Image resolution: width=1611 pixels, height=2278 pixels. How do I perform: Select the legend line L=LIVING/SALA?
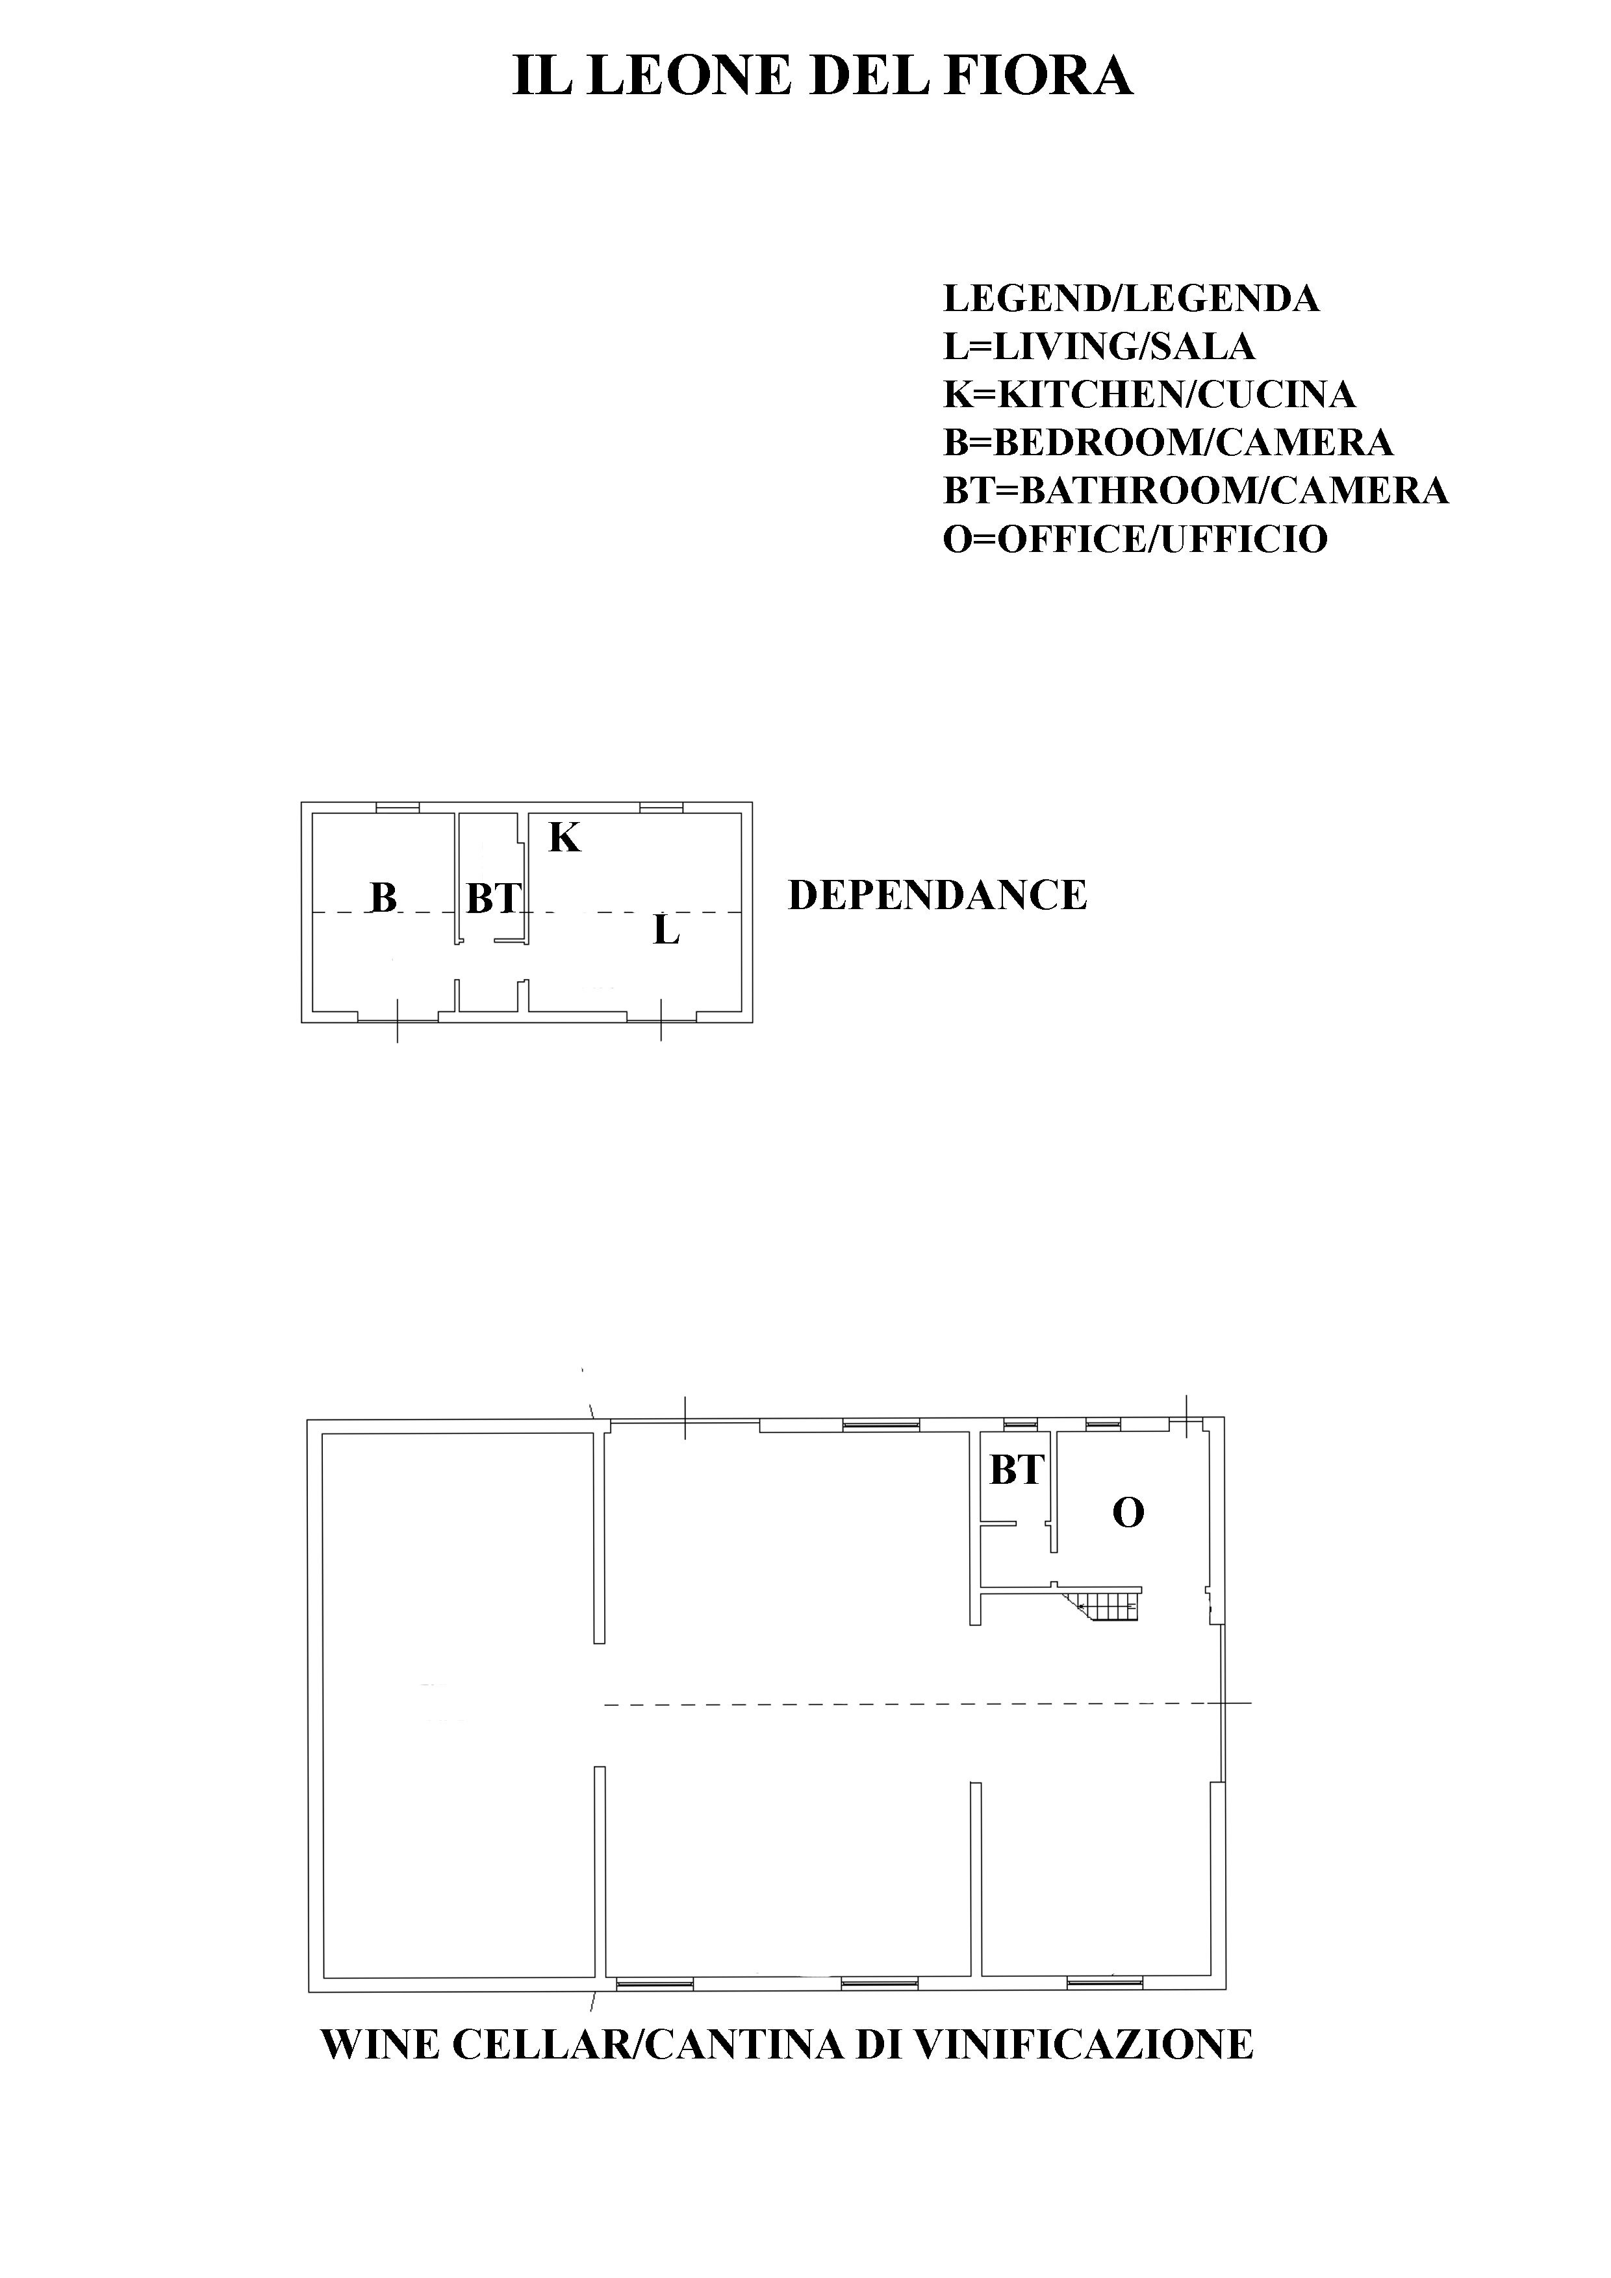[x=1099, y=346]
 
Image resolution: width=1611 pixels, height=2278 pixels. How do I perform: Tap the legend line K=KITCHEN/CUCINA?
[x=1148, y=394]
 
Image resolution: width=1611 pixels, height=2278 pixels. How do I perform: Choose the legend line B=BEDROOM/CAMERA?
[x=1168, y=442]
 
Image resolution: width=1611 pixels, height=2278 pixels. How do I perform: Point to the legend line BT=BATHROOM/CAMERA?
[x=1195, y=490]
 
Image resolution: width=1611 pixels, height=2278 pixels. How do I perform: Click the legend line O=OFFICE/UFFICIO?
[x=1135, y=539]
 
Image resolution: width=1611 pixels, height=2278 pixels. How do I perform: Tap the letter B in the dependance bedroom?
[x=383, y=898]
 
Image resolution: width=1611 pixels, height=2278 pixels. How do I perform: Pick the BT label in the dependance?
[x=493, y=899]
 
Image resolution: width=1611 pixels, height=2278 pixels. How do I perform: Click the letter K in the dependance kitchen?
[x=564, y=838]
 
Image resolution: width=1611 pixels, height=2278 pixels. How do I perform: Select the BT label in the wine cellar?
[x=1017, y=1470]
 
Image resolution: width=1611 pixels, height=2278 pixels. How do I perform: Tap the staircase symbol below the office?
[x=1104, y=1601]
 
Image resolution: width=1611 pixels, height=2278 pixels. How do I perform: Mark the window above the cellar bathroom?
[x=1019, y=1425]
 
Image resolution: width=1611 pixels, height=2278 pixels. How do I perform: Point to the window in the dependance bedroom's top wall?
[x=397, y=808]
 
